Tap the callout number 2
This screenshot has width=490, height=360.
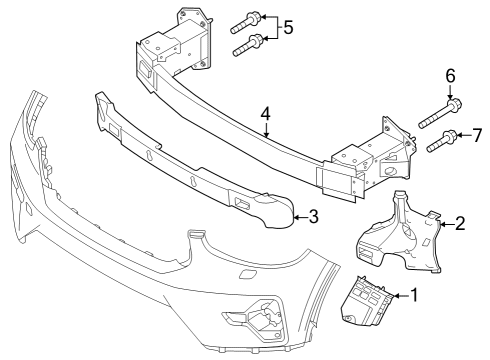(460, 224)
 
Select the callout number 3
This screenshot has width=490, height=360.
(315, 216)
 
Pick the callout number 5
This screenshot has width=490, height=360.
(288, 28)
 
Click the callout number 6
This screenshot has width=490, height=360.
(449, 75)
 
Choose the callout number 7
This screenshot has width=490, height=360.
(477, 134)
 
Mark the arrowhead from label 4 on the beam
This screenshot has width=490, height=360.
(266, 136)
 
